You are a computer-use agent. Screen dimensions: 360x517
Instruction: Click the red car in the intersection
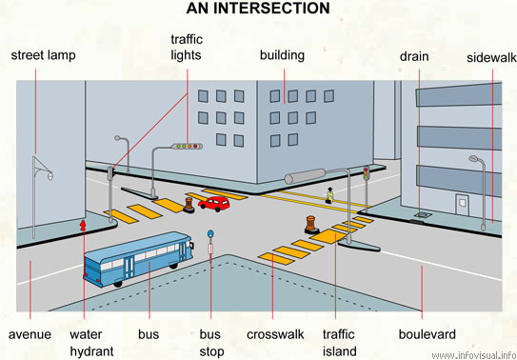click(x=214, y=202)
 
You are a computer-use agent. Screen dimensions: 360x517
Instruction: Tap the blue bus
click(x=142, y=260)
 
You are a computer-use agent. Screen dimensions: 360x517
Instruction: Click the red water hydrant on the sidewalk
click(x=83, y=226)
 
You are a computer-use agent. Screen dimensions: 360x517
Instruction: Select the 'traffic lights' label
click(x=187, y=47)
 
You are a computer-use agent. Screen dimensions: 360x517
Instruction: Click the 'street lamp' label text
click(x=44, y=55)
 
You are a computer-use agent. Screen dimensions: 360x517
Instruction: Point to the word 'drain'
click(x=414, y=56)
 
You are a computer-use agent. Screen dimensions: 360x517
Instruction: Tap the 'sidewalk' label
click(x=491, y=57)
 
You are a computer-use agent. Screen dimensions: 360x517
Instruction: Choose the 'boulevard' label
click(x=428, y=334)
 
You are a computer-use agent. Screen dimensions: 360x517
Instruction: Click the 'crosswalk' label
click(x=275, y=334)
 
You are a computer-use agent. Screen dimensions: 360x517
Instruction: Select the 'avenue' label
click(x=30, y=334)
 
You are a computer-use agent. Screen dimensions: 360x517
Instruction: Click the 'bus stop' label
click(x=210, y=342)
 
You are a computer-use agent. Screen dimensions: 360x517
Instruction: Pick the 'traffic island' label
click(x=338, y=342)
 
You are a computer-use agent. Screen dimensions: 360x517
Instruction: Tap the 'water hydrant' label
click(x=91, y=342)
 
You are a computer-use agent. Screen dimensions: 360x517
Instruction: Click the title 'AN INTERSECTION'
click(x=257, y=9)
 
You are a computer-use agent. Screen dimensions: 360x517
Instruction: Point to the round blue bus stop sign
click(x=211, y=232)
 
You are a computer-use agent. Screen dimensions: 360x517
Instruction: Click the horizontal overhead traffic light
click(x=188, y=147)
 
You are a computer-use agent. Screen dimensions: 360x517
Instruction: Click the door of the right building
click(x=464, y=207)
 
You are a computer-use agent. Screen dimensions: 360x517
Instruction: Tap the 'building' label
click(x=282, y=55)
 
